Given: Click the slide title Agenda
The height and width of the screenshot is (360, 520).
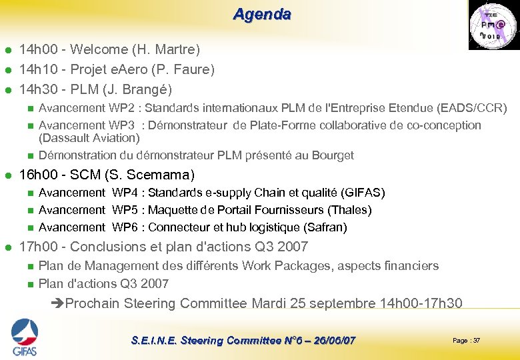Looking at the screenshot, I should click(262, 14).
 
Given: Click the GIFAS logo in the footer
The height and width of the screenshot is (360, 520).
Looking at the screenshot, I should click(24, 337).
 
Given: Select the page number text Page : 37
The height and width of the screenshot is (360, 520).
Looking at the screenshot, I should click(466, 341).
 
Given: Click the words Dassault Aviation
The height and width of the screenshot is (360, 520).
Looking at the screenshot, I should click(89, 138).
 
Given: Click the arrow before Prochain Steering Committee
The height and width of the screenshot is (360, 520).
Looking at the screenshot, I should click(58, 304).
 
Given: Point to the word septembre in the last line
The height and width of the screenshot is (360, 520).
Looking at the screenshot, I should click(342, 304).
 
